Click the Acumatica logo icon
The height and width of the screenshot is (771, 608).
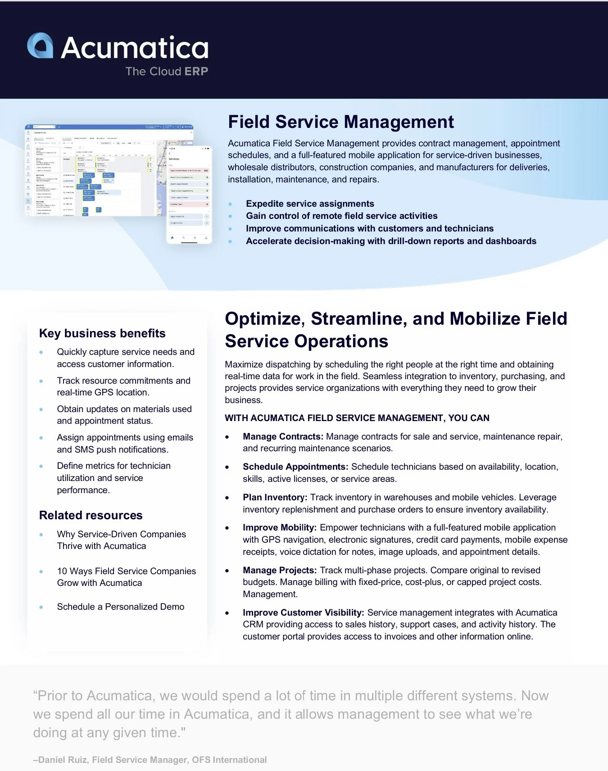[x=40, y=45]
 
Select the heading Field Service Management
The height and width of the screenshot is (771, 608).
[x=340, y=122]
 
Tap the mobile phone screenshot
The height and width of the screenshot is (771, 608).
[x=189, y=195]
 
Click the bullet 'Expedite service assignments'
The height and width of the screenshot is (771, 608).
[x=310, y=204]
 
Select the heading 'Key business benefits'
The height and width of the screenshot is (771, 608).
[x=102, y=333]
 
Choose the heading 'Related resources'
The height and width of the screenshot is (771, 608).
[x=91, y=515]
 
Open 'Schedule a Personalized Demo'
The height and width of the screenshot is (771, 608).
[x=121, y=607]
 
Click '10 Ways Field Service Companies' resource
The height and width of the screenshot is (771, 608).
[x=126, y=571]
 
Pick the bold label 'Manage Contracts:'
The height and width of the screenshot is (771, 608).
[x=283, y=436]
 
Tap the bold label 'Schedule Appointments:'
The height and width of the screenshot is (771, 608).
[x=295, y=467]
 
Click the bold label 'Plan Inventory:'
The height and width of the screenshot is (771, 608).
[x=275, y=497]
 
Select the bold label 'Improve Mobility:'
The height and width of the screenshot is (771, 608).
[x=280, y=527]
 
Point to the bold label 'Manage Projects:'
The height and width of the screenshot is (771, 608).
[x=280, y=570]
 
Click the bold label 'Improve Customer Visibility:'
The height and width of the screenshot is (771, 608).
[x=303, y=612]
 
